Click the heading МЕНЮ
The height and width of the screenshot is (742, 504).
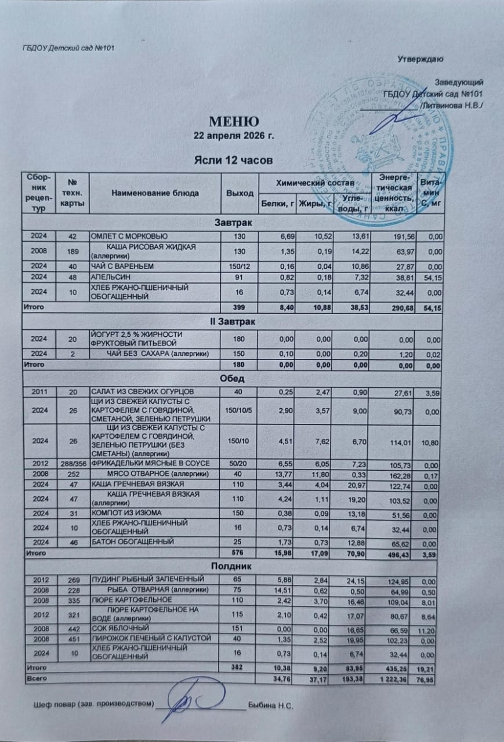(233, 122)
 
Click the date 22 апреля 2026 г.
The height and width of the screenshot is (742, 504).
(233, 136)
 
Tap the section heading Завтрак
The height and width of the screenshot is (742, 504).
(233, 223)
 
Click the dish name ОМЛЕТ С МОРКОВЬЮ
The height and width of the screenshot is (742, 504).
(128, 236)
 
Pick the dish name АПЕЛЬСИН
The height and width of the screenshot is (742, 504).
(108, 278)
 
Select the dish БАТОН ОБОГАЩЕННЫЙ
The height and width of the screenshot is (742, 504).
(131, 543)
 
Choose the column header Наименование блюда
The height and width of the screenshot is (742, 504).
(153, 192)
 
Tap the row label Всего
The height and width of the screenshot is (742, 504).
(32, 678)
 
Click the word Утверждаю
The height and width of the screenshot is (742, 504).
(420, 59)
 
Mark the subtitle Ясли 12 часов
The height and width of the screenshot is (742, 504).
(233, 159)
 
